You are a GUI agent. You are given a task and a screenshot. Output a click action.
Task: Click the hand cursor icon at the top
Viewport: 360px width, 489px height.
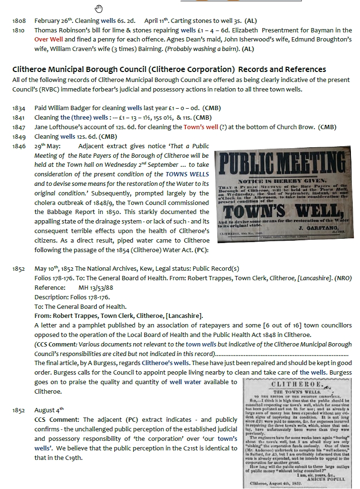coord(99,8)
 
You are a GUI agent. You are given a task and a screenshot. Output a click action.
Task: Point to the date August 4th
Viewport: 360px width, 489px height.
coord(49,410)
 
